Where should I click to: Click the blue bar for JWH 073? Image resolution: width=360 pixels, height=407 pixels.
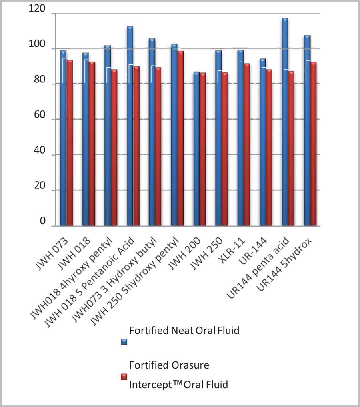[63, 138]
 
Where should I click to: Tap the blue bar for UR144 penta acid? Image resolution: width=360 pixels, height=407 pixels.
[285, 122]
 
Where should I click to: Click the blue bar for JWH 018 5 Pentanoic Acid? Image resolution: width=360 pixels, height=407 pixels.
[130, 126]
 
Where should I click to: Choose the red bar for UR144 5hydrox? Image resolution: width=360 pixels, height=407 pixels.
[313, 144]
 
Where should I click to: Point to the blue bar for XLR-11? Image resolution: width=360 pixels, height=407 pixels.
[240, 138]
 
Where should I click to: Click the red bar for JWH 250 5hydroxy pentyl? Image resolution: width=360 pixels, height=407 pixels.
[180, 138]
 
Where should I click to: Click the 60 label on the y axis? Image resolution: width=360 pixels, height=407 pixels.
[42, 120]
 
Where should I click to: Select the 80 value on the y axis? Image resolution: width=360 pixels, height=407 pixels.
[42, 84]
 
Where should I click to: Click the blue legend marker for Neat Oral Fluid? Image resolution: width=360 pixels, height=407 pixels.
[124, 341]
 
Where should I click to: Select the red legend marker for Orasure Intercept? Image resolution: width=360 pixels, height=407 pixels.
[124, 377]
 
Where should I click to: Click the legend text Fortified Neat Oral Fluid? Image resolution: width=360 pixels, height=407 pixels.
[184, 331]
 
